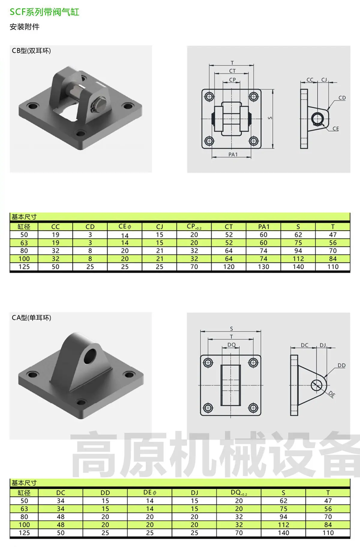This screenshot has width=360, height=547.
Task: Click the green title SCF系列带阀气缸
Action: pos(44,12)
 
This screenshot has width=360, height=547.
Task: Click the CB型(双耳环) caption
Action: pos(31,51)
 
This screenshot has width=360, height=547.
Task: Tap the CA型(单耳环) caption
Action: pos(31,318)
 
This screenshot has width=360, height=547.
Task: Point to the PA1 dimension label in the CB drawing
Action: pos(233,154)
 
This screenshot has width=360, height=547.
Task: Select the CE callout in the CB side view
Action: pos(336,129)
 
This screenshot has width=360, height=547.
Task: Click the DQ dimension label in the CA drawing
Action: pos(231,345)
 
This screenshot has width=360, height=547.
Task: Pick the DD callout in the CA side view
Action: pos(341,365)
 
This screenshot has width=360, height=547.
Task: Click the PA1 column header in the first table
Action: pos(263,227)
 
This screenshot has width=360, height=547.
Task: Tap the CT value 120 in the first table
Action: pos(229,267)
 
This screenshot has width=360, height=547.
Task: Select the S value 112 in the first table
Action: pos(298,259)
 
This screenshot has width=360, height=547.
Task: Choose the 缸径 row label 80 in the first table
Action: pos(24,251)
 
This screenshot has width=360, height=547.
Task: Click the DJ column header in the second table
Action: pos(194,493)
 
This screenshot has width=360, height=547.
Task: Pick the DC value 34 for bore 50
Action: pos(61,501)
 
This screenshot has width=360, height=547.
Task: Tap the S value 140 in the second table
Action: pos(283,533)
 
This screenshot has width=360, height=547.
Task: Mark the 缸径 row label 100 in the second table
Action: pos(24,525)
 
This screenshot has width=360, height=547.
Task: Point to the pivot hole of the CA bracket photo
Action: pos(90,355)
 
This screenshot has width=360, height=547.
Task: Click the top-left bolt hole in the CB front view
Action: pos(209,97)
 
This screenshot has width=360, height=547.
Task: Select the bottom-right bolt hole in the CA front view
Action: pos(253,408)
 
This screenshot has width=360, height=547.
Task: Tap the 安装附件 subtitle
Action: pos(25,27)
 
